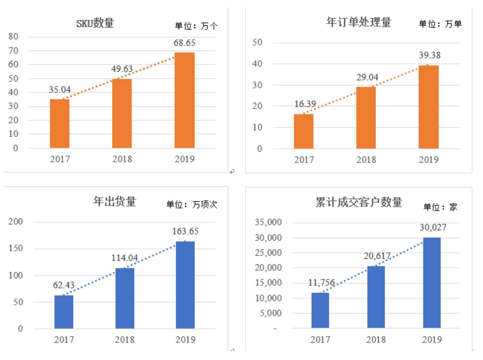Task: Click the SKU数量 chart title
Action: (x=95, y=23)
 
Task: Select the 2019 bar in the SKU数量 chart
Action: (x=184, y=100)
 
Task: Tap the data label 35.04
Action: (x=60, y=90)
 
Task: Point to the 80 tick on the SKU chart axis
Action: (x=13, y=37)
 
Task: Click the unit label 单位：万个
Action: (x=196, y=26)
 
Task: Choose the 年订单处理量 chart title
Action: (x=359, y=22)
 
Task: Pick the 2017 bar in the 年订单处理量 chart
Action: (x=303, y=131)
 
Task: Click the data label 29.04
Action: (x=367, y=77)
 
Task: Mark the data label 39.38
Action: (x=430, y=55)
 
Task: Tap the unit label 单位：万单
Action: (x=440, y=24)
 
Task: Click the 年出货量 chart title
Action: (x=115, y=201)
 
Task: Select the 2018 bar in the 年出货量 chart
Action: (x=125, y=298)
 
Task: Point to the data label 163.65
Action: (x=185, y=231)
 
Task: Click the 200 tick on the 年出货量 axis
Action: (x=16, y=222)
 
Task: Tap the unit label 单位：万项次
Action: (x=192, y=204)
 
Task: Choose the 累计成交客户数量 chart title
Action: (x=359, y=202)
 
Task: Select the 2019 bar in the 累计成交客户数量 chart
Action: (x=432, y=282)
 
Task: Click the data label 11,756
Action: (x=321, y=282)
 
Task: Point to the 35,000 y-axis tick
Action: (x=268, y=222)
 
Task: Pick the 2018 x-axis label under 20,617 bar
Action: (x=376, y=340)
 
